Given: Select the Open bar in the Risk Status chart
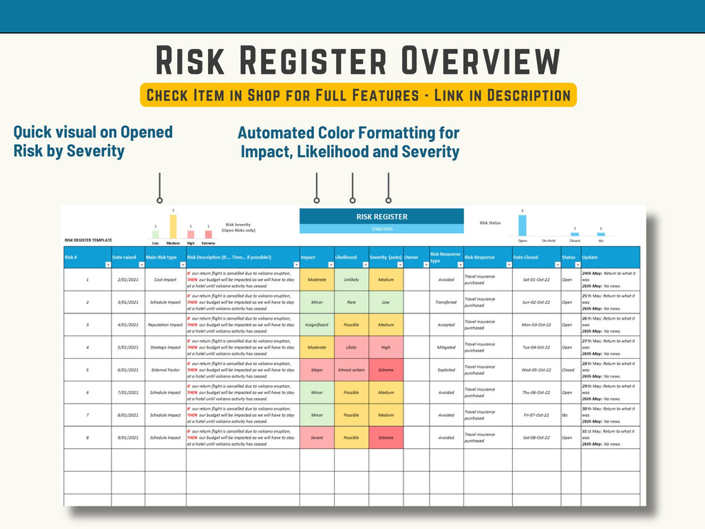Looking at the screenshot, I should click(523, 227).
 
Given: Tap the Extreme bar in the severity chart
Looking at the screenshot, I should click(209, 235).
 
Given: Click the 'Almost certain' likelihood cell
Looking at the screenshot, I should click(351, 370).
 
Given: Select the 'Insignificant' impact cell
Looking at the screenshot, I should click(317, 324).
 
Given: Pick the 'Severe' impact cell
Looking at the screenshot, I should click(317, 437).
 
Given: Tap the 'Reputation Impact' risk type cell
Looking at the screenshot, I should click(165, 324).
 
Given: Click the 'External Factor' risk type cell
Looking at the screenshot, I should click(165, 370).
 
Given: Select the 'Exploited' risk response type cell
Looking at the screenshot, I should click(446, 370).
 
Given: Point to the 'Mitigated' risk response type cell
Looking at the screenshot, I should click(446, 347).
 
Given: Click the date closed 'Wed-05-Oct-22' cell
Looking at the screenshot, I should click(536, 370).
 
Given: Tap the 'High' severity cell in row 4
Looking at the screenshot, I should click(386, 347).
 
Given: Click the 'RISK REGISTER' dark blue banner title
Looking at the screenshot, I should click(381, 216).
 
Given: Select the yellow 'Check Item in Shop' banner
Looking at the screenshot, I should click(358, 95).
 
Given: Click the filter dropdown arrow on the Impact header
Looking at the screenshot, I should click(330, 264).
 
